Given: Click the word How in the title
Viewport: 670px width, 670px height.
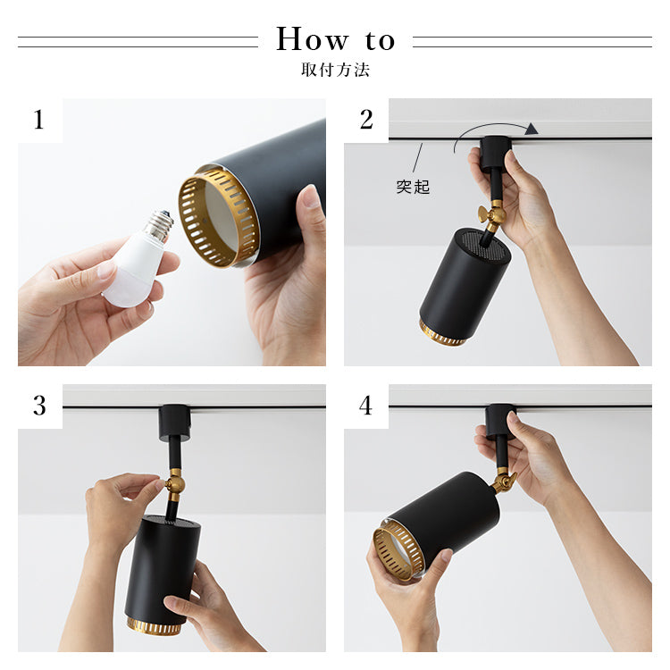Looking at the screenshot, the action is coord(313,39).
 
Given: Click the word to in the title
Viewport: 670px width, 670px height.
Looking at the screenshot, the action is coord(380,41).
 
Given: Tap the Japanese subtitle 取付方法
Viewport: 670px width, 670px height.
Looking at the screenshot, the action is coord(335,70).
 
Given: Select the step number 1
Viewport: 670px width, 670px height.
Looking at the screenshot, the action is coord(39,119).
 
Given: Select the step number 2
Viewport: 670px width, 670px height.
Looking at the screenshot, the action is coord(366,119).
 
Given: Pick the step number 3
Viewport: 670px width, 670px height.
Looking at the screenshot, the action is coord(39,405).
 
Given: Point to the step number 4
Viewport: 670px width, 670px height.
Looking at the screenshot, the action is coord(365,405).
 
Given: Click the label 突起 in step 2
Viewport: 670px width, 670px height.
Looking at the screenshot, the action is coord(413,188).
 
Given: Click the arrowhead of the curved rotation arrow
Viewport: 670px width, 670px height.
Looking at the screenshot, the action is coord(532,129).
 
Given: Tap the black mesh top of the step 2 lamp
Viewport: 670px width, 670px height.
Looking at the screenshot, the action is coord(486,245).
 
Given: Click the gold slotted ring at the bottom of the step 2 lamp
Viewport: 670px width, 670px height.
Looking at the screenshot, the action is coord(442,334).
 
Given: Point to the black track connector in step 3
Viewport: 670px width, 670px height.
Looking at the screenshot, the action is coord(174,423).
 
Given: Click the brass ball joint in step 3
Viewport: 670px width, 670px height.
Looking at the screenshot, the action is coord(175,484).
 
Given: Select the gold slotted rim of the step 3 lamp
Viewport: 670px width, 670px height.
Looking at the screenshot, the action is coord(155,626).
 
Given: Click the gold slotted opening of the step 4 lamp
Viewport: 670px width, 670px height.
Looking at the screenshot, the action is coord(398,553).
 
